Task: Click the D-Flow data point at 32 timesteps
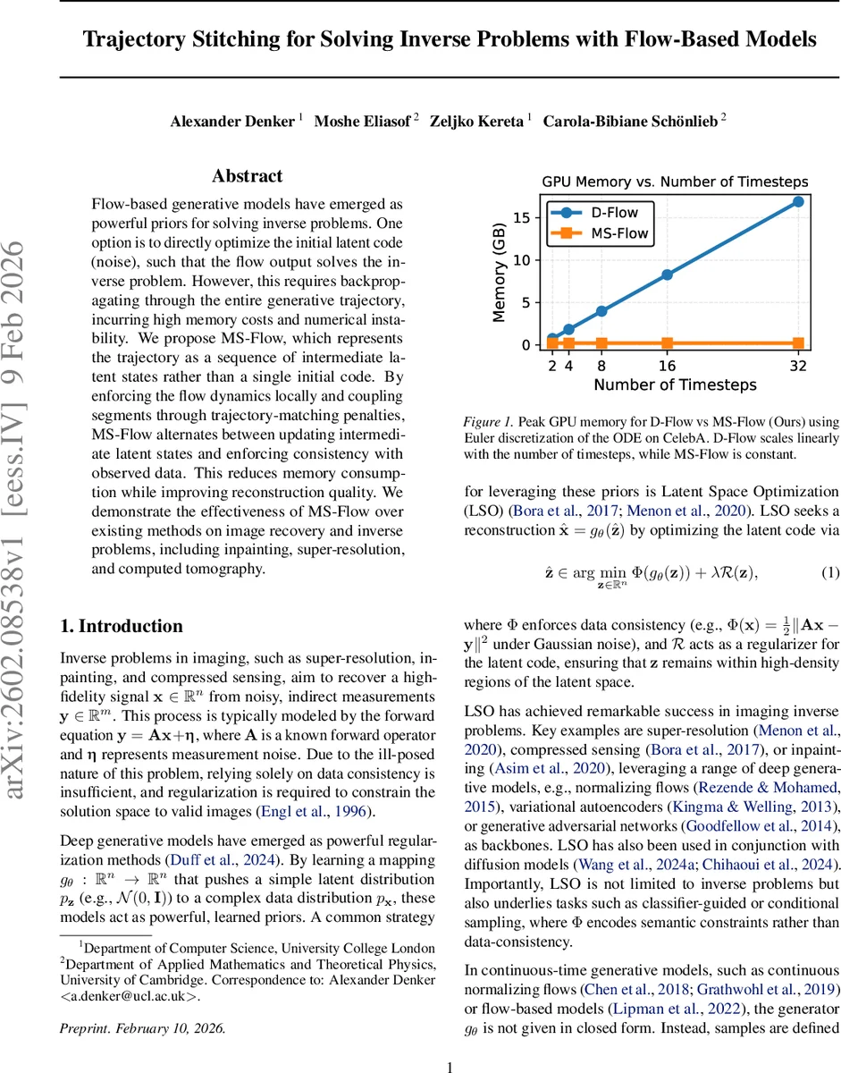pos(798,201)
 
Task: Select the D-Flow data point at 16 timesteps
pos(667,275)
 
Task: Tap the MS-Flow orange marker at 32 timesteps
pos(798,342)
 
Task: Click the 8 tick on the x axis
pos(601,365)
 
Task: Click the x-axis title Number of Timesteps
pos(675,385)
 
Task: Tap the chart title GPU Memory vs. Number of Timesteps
pos(675,182)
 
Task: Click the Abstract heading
pos(248,176)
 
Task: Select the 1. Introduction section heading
pos(122,626)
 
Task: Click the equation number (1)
pos(828,572)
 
